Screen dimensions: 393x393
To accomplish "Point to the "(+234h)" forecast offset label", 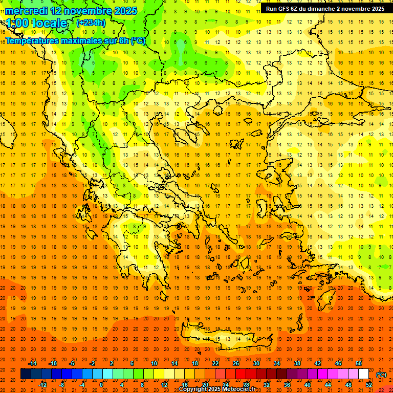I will [91, 23].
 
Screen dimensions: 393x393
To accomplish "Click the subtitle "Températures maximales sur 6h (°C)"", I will [75, 40].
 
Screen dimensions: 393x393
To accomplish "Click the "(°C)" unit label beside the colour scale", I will [381, 375].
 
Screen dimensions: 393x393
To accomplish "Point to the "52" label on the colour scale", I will [368, 385].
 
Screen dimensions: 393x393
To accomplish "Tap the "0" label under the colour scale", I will [101, 385].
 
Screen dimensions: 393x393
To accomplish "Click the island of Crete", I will [225, 339].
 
